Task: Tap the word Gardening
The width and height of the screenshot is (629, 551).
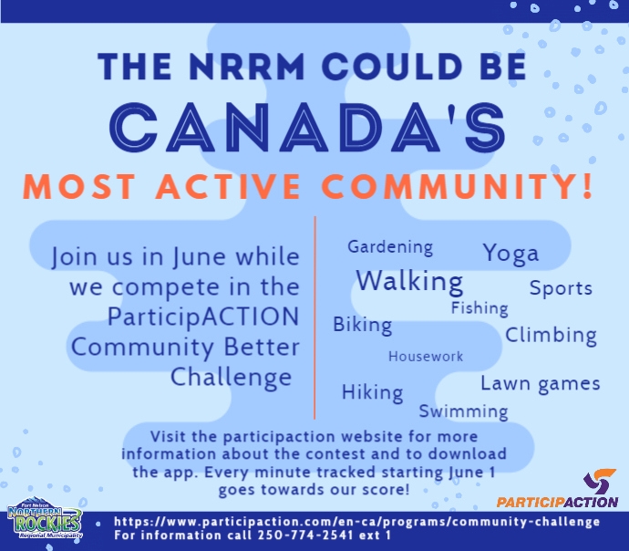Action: [390, 247]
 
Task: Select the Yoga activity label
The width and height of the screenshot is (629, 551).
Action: [510, 253]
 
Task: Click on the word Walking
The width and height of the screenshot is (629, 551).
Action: [409, 280]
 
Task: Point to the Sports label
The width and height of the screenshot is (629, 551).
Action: [561, 288]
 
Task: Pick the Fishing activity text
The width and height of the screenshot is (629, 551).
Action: [479, 308]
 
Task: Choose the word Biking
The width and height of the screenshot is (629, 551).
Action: [362, 325]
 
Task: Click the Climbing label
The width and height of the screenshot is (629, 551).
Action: [551, 335]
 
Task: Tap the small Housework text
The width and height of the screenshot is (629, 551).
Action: [426, 357]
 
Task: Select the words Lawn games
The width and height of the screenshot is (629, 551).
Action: [541, 383]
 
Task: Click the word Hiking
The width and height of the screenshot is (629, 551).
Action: [372, 392]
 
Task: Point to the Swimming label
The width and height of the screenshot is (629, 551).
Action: [463, 411]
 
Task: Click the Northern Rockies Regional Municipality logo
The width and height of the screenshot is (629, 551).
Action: [44, 523]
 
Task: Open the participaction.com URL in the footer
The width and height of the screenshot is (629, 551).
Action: [356, 522]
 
